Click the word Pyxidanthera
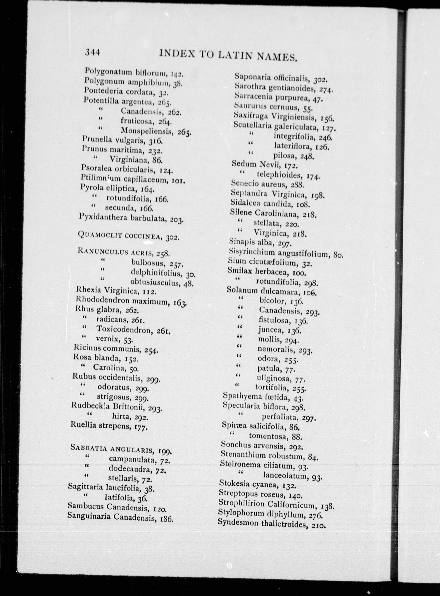(103, 217)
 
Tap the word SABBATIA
(87, 447)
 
